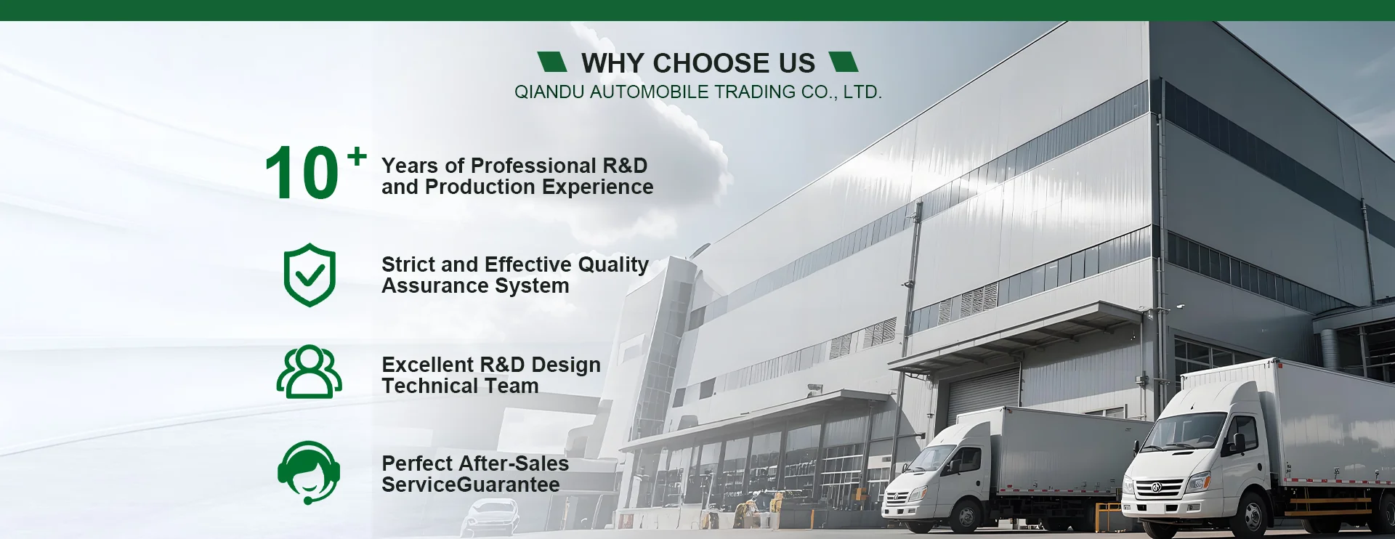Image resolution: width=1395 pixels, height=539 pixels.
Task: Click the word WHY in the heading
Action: (x=612, y=63)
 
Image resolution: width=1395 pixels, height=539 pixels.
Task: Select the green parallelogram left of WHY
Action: (x=552, y=62)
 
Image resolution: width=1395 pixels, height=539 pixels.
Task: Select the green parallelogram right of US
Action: (x=844, y=62)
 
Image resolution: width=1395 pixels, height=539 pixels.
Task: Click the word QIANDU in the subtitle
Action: (x=549, y=92)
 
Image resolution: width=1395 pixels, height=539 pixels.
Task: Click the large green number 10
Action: (x=302, y=172)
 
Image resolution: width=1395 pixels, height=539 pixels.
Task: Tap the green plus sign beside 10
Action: (x=357, y=156)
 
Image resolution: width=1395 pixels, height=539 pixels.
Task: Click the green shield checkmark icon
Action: (x=310, y=275)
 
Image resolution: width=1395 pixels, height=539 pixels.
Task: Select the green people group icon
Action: (x=310, y=372)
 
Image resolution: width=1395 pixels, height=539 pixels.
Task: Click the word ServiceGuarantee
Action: (x=471, y=485)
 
